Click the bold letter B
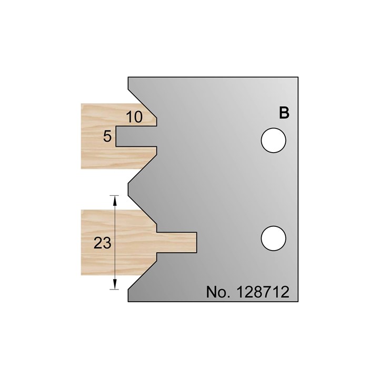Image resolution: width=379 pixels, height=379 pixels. pos(284,113)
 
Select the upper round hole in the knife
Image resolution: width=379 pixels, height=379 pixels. pos(274,141)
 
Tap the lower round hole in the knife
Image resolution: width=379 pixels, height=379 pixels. pos(274,237)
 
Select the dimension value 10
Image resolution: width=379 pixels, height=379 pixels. pos(135,117)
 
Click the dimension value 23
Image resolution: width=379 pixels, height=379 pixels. pos(102,243)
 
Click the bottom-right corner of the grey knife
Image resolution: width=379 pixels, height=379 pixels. pos(300,302)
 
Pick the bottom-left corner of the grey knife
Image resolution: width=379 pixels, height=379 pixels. pos(128,302)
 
